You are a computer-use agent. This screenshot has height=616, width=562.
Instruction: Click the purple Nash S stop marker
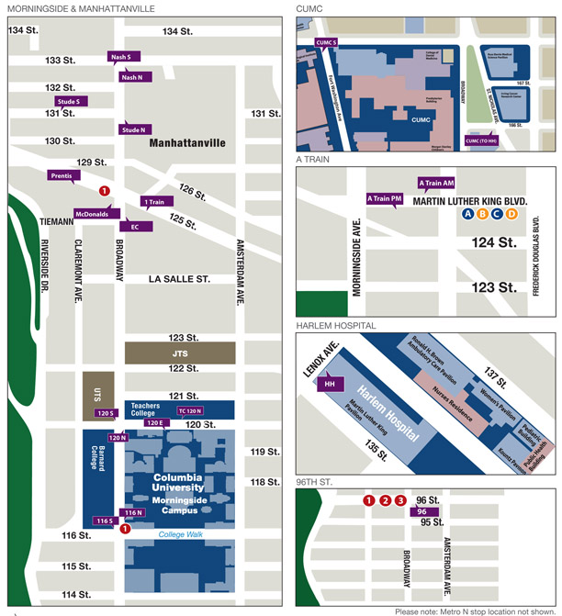121,57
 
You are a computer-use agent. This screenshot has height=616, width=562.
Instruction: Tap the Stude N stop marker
133,130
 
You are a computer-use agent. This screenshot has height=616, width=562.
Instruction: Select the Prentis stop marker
62,175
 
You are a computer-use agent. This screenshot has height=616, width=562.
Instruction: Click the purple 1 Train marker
154,201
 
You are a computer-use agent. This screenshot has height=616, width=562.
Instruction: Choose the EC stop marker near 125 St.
135,226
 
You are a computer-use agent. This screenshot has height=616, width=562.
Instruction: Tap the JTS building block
179,352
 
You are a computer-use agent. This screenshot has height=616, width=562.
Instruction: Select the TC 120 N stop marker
190,410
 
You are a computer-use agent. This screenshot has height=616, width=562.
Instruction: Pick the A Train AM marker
436,184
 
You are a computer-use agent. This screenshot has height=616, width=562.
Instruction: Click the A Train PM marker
384,198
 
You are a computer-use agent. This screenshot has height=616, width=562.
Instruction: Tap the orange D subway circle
512,214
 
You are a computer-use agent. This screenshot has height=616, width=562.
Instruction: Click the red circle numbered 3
399,500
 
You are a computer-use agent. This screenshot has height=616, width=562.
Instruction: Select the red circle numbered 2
385,500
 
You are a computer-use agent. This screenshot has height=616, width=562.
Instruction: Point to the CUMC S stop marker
327,42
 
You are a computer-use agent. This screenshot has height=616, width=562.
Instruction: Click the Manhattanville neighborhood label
186,144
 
